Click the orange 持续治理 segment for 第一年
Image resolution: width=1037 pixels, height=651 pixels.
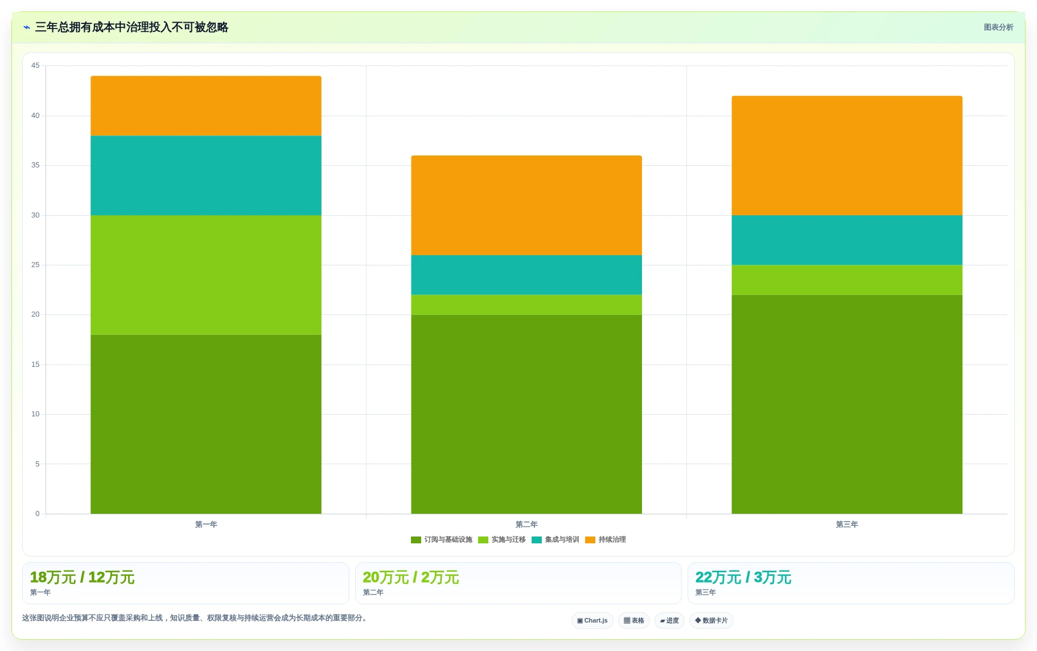[x=206, y=106]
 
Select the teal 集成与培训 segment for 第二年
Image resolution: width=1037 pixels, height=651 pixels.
[x=526, y=275]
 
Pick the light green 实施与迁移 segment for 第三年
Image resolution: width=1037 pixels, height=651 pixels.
[x=847, y=280]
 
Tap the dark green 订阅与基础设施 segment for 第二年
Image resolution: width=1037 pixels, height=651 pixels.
[x=526, y=414]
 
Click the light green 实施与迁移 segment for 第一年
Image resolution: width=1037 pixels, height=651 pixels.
[x=206, y=275]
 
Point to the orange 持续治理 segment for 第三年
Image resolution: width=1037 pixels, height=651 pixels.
[x=847, y=155]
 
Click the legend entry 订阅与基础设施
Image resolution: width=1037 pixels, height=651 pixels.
[x=442, y=539]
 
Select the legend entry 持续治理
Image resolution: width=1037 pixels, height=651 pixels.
[x=606, y=539]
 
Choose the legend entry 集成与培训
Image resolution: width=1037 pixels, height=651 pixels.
[x=555, y=539]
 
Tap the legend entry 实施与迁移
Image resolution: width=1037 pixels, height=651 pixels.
[x=502, y=539]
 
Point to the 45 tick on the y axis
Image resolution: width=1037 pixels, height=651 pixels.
[x=35, y=65]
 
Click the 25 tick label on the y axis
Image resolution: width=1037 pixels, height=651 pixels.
[x=35, y=265]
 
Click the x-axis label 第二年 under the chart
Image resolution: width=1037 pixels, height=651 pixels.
[x=526, y=525]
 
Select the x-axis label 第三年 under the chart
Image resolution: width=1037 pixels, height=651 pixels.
[x=847, y=525]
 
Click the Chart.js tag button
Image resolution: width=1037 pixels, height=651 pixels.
[x=592, y=620]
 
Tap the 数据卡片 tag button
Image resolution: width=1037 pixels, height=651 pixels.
[x=711, y=620]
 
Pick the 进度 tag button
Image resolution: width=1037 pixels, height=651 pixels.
[x=669, y=620]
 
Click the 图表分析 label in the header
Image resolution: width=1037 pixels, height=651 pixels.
[x=998, y=27]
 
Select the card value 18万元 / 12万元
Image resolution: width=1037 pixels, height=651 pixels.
[x=82, y=578]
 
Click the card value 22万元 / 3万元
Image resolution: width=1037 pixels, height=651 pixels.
[x=743, y=578]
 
